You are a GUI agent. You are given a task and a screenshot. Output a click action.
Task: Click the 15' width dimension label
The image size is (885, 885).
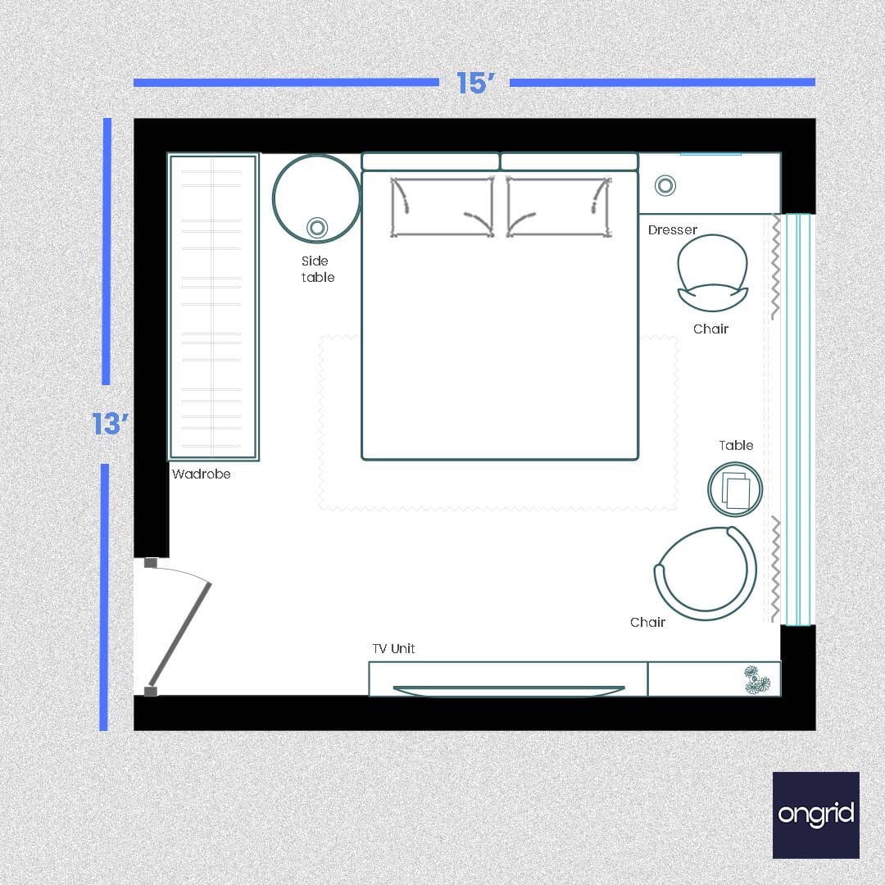[x=474, y=83]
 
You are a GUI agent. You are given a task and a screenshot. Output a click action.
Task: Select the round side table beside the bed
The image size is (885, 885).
[x=316, y=197]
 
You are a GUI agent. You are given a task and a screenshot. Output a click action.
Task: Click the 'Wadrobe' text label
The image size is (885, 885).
[x=201, y=474]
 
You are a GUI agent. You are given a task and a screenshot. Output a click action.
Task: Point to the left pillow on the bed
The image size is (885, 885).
[x=442, y=207]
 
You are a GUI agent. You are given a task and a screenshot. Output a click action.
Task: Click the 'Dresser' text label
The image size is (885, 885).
[x=672, y=229]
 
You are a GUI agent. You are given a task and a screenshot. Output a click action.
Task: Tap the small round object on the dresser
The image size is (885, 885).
[x=665, y=186]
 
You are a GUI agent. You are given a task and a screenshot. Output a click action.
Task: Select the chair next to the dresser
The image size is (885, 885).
[x=713, y=273]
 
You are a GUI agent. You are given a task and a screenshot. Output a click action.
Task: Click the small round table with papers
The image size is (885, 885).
[x=735, y=490]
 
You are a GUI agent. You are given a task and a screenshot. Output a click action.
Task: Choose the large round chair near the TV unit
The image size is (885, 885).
[x=706, y=574]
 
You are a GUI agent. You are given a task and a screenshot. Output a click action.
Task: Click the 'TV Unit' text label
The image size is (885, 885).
[x=393, y=648]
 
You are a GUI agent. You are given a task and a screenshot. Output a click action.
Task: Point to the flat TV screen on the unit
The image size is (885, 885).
[x=508, y=691]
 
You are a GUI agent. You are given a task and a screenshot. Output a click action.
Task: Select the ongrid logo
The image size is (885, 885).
[x=815, y=815]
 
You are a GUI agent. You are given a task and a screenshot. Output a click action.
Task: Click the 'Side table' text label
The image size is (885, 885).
[x=316, y=269]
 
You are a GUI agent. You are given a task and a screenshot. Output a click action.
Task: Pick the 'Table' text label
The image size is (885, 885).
[x=736, y=445]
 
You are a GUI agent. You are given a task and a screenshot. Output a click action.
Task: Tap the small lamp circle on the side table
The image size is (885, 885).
[x=317, y=228]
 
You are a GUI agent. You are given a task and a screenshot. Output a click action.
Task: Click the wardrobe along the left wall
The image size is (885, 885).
[x=213, y=306]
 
